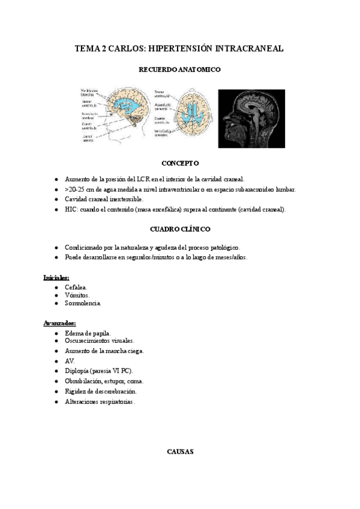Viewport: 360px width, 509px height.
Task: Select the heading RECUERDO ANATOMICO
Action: [x=179, y=70]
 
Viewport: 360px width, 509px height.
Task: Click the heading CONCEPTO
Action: [x=180, y=163]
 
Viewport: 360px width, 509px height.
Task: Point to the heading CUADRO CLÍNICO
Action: [x=180, y=229]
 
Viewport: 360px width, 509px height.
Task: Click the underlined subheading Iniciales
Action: [x=56, y=278]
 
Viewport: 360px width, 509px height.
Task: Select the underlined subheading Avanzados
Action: [x=59, y=323]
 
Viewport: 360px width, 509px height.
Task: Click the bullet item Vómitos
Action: [x=77, y=295]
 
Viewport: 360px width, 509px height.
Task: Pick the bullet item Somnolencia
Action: [x=83, y=304]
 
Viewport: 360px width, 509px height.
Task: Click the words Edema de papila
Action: [x=88, y=333]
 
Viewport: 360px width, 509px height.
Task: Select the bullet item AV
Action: [x=70, y=361]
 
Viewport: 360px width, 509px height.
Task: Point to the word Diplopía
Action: [x=78, y=371]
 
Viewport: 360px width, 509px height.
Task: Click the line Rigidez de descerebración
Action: [x=101, y=391]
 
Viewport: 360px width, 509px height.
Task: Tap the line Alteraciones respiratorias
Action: [x=100, y=402]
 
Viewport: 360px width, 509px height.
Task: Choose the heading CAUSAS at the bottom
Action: [x=179, y=452]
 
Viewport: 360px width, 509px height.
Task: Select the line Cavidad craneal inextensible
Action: [x=105, y=199]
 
